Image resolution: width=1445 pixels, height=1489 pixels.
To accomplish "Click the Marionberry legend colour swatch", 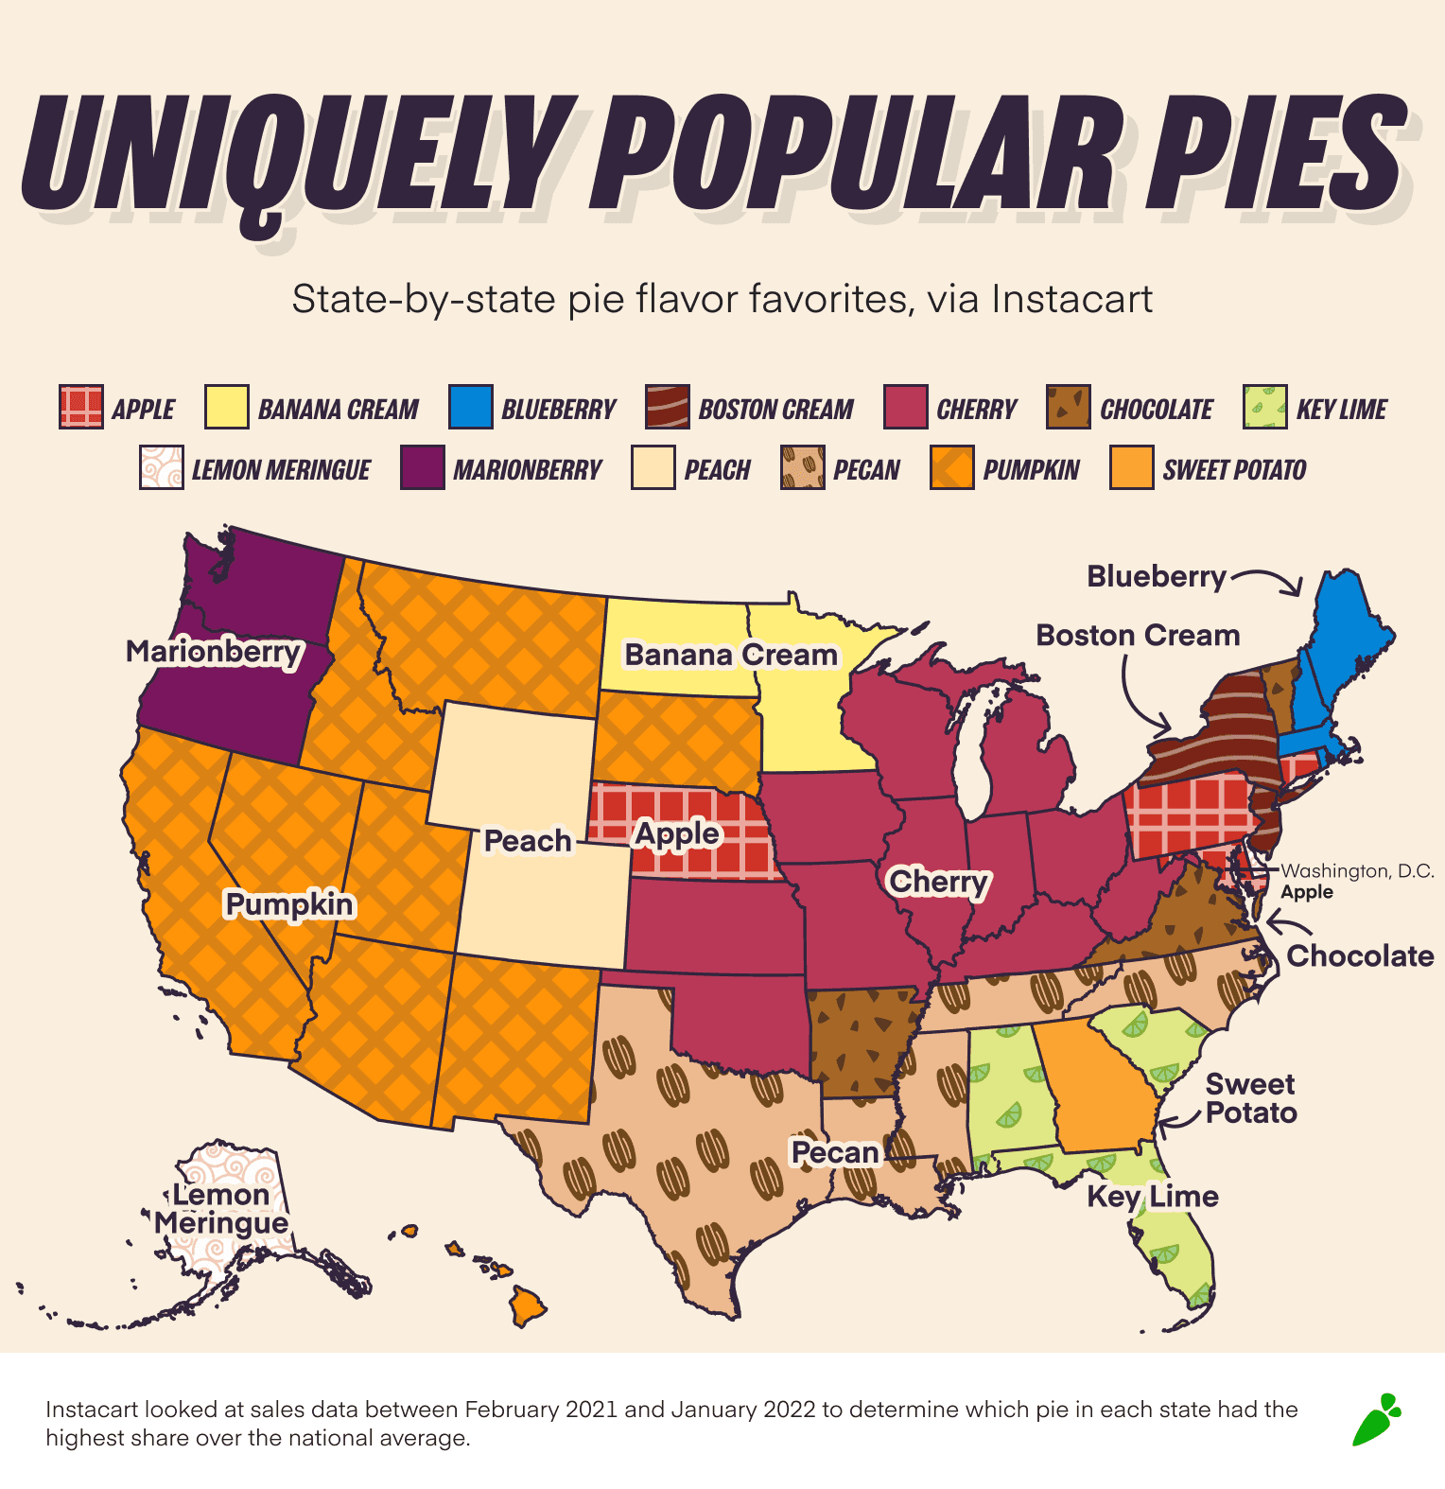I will point(422,468).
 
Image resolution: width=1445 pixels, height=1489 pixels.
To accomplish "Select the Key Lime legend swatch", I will point(1264,408).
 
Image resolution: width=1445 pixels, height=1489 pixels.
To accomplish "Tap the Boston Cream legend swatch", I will point(667,408).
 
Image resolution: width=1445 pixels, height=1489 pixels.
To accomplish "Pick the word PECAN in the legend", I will point(866,469).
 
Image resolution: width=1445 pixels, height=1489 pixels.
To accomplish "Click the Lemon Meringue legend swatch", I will point(162,468).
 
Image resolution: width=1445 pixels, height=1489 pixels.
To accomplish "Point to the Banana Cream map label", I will point(731,655).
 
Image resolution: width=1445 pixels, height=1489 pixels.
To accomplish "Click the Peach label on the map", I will point(528,840).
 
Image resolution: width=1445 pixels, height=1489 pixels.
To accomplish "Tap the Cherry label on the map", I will point(938,882).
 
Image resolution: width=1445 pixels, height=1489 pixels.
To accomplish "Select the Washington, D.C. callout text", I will point(1356,870).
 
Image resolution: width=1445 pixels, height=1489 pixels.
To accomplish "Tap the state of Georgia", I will point(1102,1088).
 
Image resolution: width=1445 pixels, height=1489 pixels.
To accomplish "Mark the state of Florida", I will point(1177,1249).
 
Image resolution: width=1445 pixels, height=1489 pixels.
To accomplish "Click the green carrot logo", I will point(1376,1420).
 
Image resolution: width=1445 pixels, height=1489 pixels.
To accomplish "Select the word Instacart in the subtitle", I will point(1071,299).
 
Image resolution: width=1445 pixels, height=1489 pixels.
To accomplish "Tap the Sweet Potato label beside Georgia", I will point(1250,1098).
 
